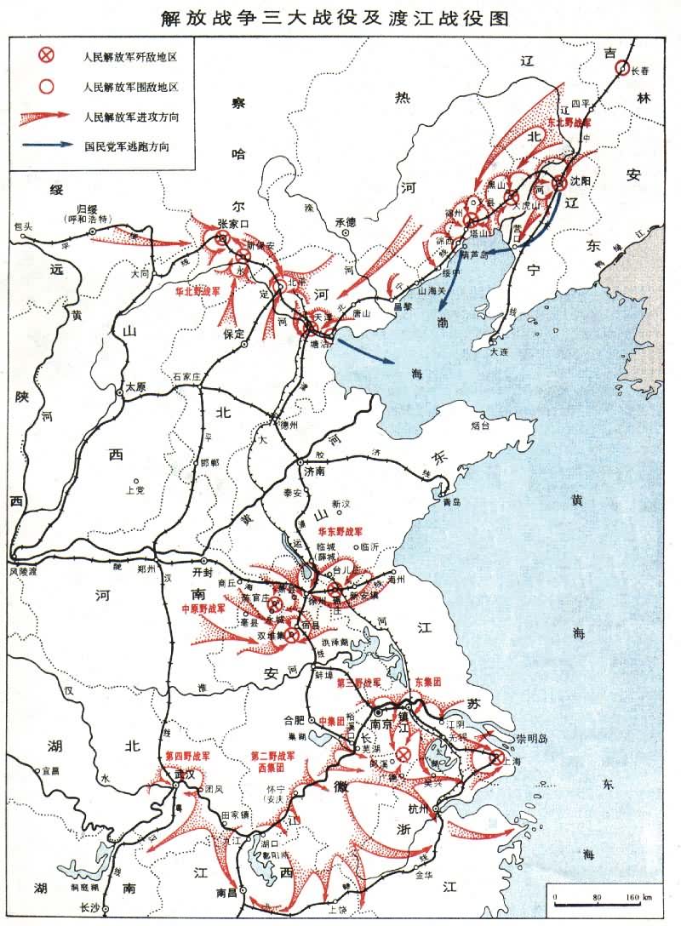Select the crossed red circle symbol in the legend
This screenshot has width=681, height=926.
pyautogui.click(x=49, y=56)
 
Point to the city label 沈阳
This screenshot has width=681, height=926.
pyautogui.click(x=581, y=182)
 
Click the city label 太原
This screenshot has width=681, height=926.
pyautogui.click(x=136, y=387)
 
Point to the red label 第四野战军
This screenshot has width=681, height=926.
pyautogui.click(x=187, y=756)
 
